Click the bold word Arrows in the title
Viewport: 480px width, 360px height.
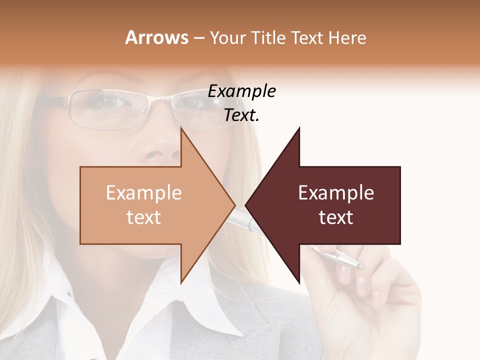pyautogui.click(x=156, y=37)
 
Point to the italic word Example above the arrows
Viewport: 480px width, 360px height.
pyautogui.click(x=241, y=91)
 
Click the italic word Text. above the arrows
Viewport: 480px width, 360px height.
pyautogui.click(x=241, y=115)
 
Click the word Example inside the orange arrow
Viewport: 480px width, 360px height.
pyautogui.click(x=143, y=193)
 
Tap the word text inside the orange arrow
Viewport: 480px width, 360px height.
pyautogui.click(x=143, y=217)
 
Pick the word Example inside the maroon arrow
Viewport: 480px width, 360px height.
pyautogui.click(x=336, y=193)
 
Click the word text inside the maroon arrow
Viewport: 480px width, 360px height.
pyautogui.click(x=336, y=217)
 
